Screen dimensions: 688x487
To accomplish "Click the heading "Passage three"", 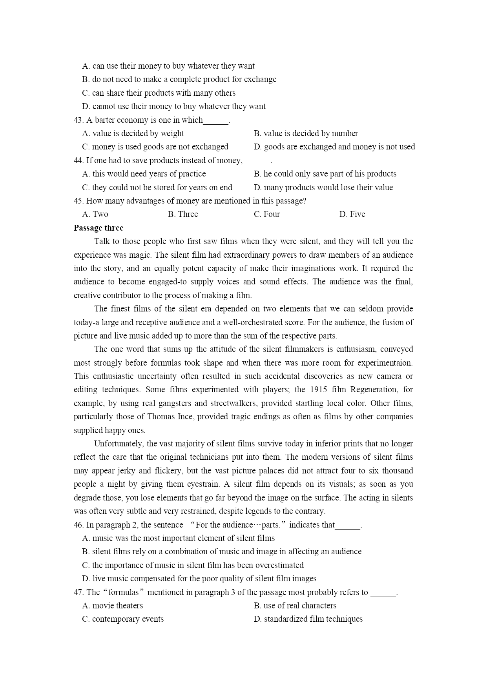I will [98, 228].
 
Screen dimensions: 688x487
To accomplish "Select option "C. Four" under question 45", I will [267, 214].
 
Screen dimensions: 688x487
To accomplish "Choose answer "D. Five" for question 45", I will [352, 214].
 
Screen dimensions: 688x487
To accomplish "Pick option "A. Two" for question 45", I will [95, 214].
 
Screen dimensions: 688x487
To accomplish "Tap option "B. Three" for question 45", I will [183, 214].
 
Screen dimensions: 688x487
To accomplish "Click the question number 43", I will [78, 120].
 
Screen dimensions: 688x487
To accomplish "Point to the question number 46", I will [78, 525].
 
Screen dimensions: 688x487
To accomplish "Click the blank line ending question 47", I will [383, 593].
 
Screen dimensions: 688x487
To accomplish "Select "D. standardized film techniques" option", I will [308, 619].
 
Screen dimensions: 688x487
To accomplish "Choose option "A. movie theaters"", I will [112, 606].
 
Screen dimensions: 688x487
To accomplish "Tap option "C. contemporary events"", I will [123, 619].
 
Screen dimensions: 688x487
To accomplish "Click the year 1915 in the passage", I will [318, 390].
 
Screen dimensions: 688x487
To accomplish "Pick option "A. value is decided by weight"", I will [133, 133].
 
